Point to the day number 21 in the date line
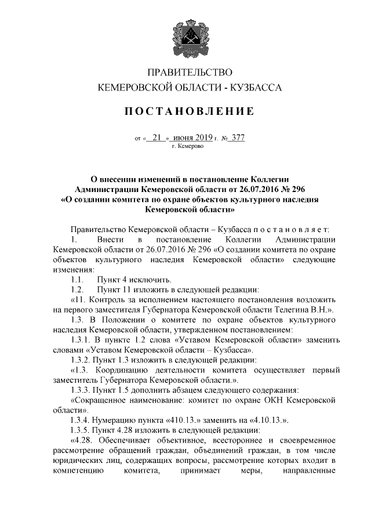(x=155, y=138)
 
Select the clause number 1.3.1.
(x=80, y=340)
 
